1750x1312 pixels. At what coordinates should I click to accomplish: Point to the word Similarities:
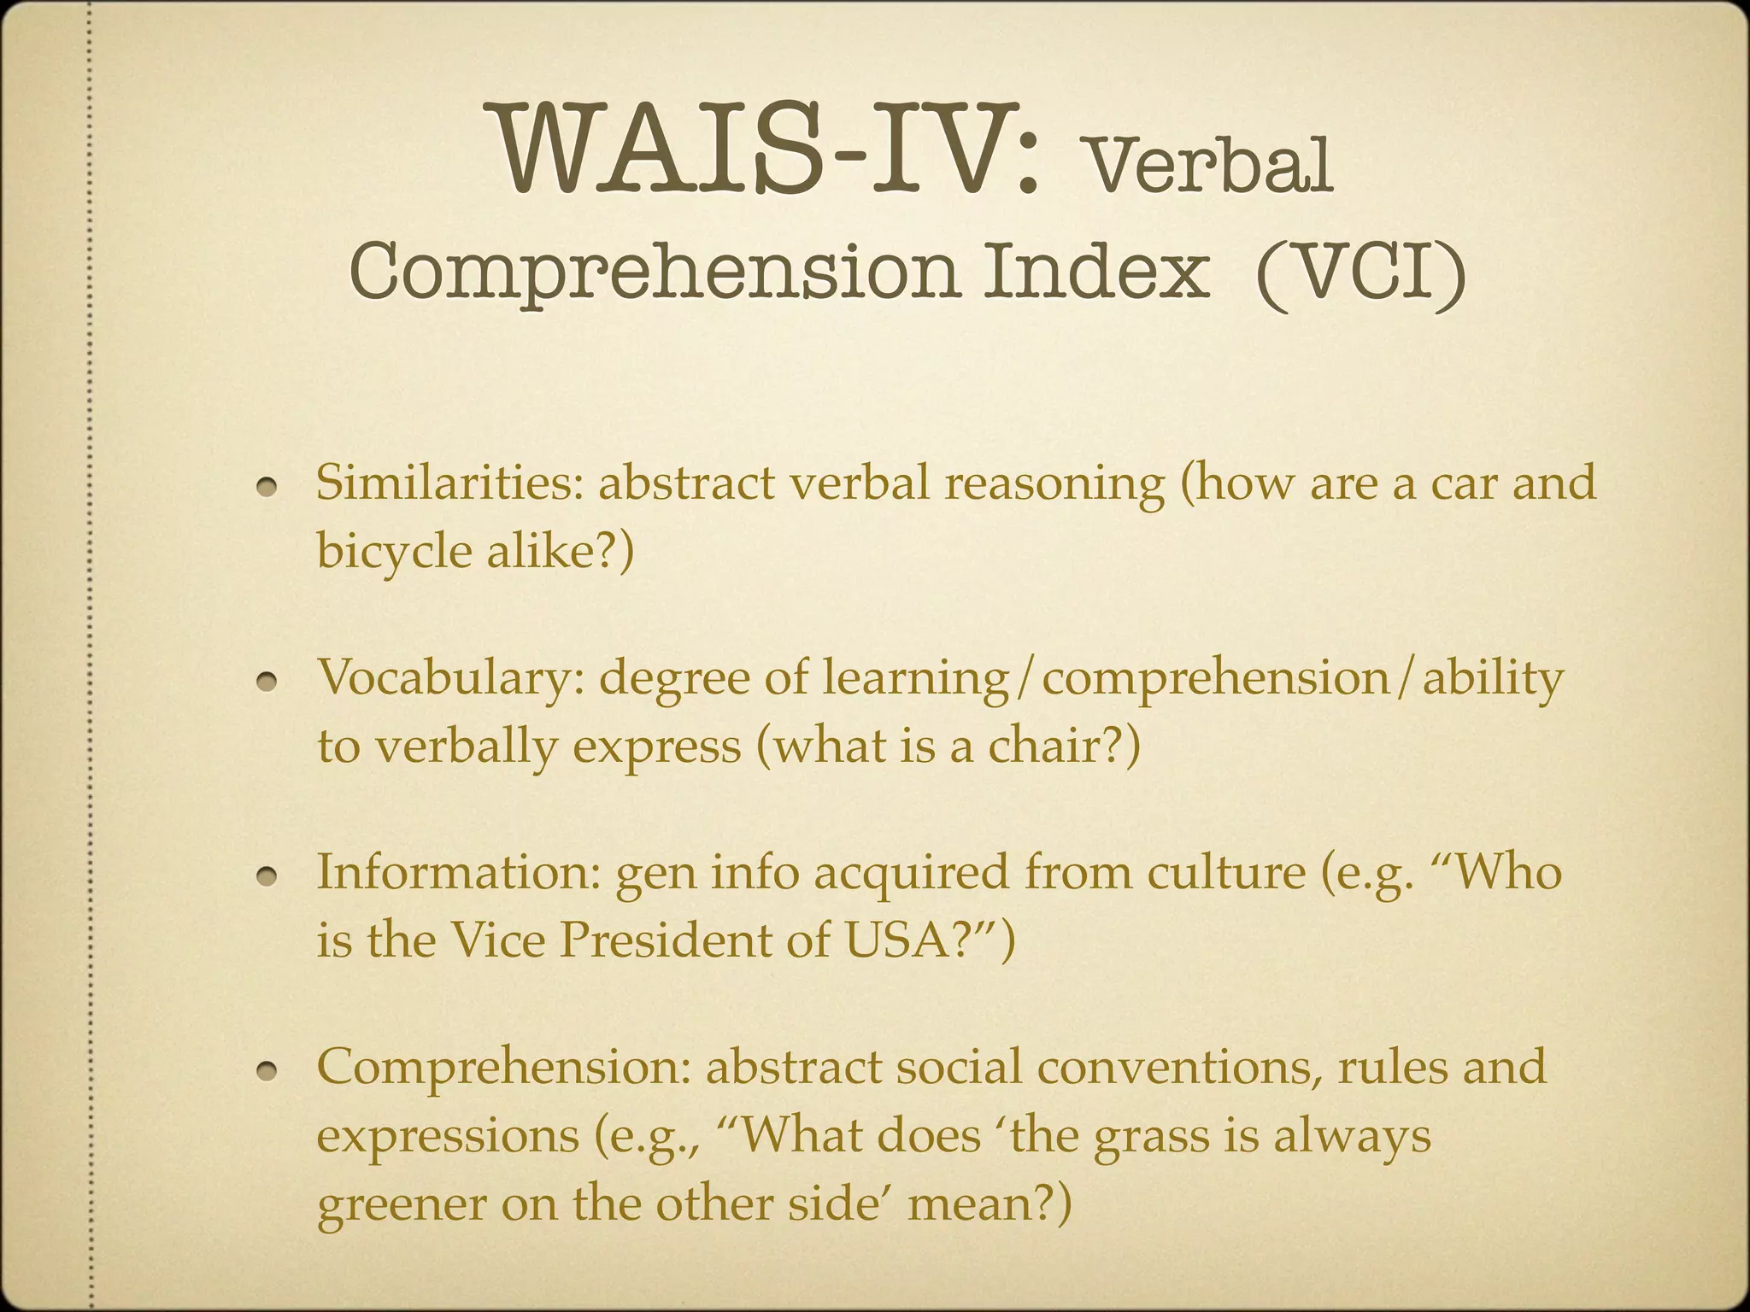click(x=449, y=483)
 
